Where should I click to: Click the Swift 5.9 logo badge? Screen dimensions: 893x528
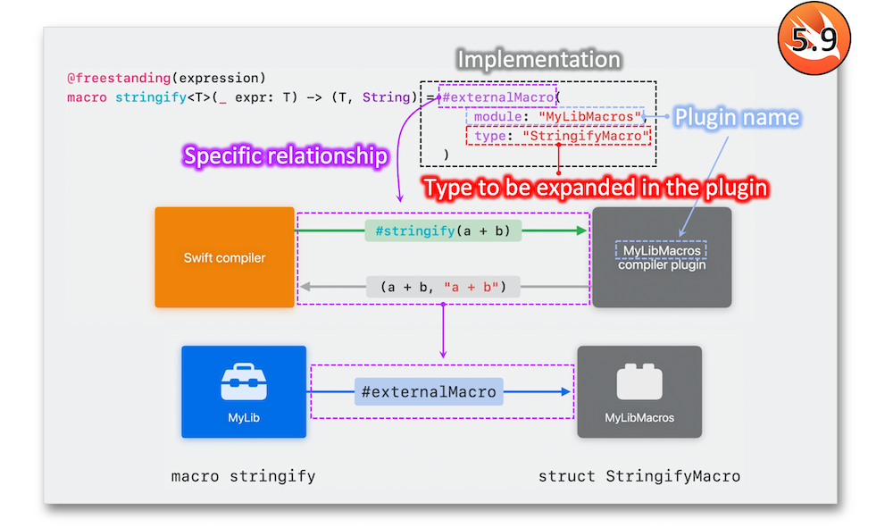coord(814,38)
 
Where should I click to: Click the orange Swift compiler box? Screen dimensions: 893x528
coord(224,257)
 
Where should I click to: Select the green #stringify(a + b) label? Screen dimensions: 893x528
coord(443,230)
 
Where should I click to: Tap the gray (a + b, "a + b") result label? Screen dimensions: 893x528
coord(443,287)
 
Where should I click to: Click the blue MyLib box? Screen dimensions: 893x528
coord(244,392)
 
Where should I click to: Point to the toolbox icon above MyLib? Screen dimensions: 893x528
coord(244,381)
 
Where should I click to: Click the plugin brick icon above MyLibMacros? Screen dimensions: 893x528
coord(639,381)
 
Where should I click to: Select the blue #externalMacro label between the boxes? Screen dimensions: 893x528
coord(429,392)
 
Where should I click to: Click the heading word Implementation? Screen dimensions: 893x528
coord(538,59)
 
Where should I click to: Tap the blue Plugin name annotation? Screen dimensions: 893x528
coord(737,117)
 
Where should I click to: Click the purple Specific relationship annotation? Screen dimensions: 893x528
coord(286,156)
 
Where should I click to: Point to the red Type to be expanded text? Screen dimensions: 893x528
coord(596,188)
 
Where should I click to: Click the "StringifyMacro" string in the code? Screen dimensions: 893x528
coord(586,136)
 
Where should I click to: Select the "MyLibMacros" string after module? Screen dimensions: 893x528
coord(590,117)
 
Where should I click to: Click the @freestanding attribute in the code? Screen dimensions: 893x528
coord(119,78)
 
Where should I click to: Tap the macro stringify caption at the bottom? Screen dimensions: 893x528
coord(243,476)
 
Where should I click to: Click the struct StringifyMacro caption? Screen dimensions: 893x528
coord(639,476)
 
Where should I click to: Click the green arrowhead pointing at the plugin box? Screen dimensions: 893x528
coord(581,230)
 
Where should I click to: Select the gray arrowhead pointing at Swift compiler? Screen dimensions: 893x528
coord(305,287)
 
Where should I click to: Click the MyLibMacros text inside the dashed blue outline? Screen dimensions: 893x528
coord(662,251)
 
